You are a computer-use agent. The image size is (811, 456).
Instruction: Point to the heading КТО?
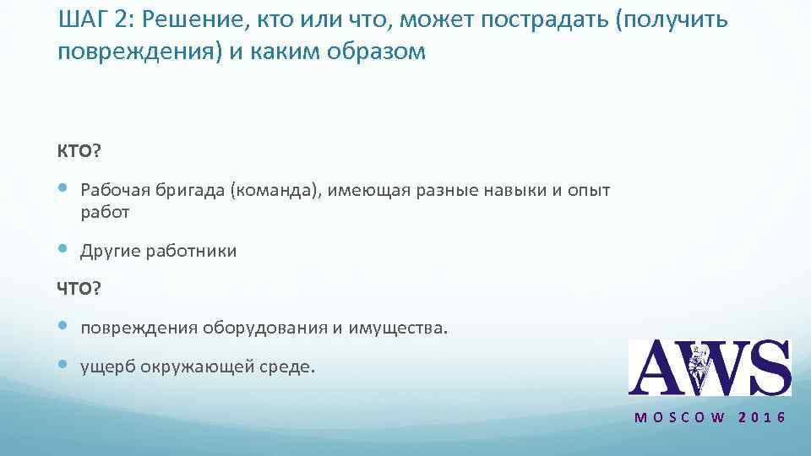click(79, 151)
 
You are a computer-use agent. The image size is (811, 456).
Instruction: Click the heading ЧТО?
click(79, 289)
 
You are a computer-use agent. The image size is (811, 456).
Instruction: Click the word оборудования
click(271, 328)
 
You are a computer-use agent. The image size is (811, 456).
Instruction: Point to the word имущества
click(399, 328)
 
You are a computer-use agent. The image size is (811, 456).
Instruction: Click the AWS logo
click(709, 367)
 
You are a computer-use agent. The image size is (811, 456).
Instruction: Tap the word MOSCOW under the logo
click(679, 418)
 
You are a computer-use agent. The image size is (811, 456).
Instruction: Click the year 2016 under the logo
click(762, 418)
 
